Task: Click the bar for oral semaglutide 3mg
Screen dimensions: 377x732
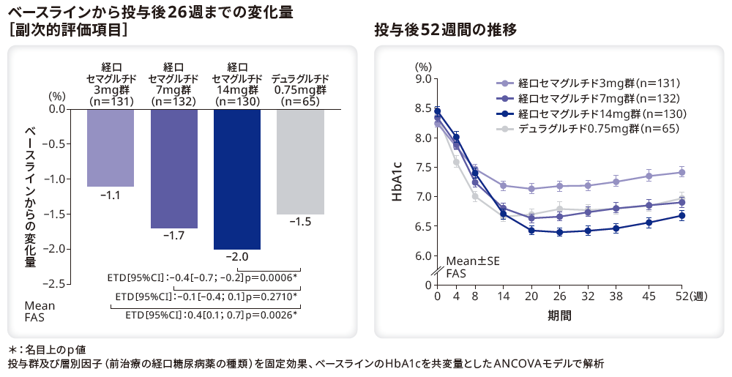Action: point(110,147)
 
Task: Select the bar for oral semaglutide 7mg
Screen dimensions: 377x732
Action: point(173,168)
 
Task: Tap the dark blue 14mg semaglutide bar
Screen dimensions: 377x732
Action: point(236,179)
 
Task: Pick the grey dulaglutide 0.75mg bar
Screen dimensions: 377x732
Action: point(300,161)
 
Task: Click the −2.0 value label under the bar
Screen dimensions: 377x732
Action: point(236,257)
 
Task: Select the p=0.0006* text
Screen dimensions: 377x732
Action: point(272,277)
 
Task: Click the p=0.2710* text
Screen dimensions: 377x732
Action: point(272,296)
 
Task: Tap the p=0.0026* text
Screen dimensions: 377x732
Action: point(272,316)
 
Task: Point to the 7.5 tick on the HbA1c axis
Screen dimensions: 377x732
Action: point(421,167)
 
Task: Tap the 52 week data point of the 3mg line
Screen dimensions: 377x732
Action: point(681,173)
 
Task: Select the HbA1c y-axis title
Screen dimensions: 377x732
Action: point(396,182)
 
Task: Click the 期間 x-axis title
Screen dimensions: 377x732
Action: point(559,316)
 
